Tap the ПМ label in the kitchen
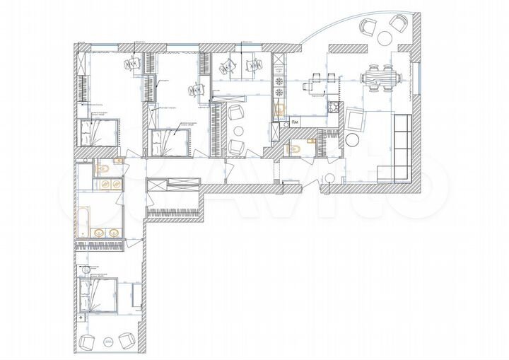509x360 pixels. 294,124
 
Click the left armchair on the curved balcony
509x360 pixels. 368,27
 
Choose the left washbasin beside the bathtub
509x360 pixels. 97,232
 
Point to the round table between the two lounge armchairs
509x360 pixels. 238,130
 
